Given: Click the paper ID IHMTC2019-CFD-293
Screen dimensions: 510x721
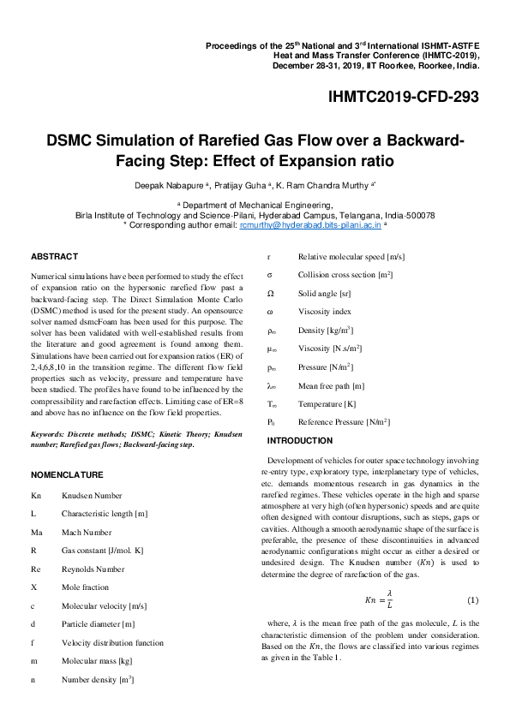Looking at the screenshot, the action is [x=404, y=98].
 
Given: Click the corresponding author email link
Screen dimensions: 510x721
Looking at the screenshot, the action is [x=286, y=224].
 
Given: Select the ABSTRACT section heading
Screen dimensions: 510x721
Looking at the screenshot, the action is [x=54, y=256].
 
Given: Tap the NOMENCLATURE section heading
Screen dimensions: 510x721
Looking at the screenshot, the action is [x=67, y=474].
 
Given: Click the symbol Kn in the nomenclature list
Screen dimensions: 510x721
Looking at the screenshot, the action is [x=35, y=496].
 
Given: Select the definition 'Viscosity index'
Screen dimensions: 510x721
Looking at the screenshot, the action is [x=325, y=312].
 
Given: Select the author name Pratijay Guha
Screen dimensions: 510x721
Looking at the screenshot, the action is [x=239, y=184].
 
